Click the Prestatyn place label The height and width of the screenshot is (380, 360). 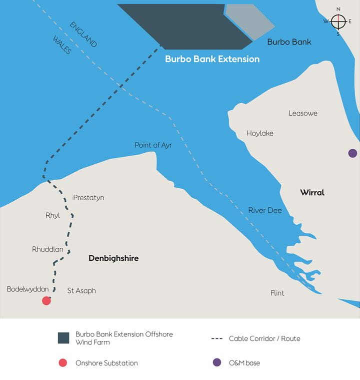pyautogui.click(x=88, y=198)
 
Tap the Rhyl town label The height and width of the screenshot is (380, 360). pyautogui.click(x=52, y=216)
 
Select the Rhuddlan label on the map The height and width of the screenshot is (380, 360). pyautogui.click(x=47, y=249)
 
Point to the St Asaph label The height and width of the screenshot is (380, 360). pyautogui.click(x=81, y=291)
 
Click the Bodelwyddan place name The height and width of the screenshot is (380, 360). pyautogui.click(x=27, y=289)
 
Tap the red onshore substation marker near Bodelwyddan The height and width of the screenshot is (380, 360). pyautogui.click(x=46, y=300)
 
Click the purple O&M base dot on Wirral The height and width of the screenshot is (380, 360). pyautogui.click(x=352, y=153)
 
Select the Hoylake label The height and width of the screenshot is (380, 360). pyautogui.click(x=260, y=134)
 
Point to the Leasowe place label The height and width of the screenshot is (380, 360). pyautogui.click(x=303, y=114)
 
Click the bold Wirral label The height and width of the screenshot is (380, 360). pyautogui.click(x=312, y=193)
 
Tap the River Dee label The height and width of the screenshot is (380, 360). pyautogui.click(x=265, y=211)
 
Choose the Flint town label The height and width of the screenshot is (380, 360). pyautogui.click(x=277, y=293)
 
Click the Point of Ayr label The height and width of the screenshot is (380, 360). pyautogui.click(x=153, y=145)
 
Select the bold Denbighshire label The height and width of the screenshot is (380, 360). pyautogui.click(x=113, y=258)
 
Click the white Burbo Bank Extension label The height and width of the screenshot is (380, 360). pyautogui.click(x=212, y=59)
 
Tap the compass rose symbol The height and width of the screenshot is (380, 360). pyautogui.click(x=338, y=22)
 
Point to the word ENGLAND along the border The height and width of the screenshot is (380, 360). pyautogui.click(x=83, y=35)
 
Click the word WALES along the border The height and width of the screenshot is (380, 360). pyautogui.click(x=62, y=45)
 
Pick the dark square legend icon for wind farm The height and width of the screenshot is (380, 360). pyautogui.click(x=63, y=338)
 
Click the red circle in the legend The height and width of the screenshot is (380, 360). pyautogui.click(x=63, y=363)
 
